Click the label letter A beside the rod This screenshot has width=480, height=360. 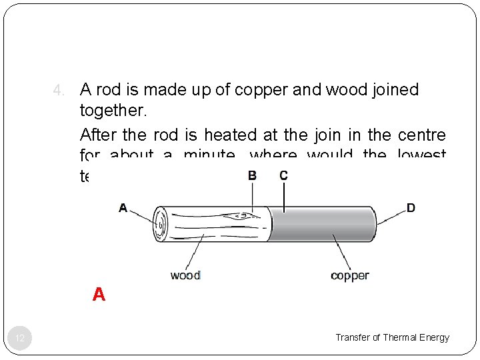click(x=123, y=208)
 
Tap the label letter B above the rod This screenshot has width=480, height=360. click(x=252, y=175)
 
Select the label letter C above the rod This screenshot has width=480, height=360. click(x=283, y=175)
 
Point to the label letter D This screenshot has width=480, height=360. click(x=411, y=208)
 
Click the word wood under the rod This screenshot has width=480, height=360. click(x=185, y=275)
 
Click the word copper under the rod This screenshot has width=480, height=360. click(x=349, y=275)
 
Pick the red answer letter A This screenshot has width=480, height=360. click(x=99, y=295)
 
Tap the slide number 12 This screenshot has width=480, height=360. click(x=20, y=339)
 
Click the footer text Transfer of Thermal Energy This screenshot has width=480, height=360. click(x=392, y=337)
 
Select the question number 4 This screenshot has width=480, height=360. click(x=58, y=90)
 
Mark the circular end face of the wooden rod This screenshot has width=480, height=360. click(x=161, y=224)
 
